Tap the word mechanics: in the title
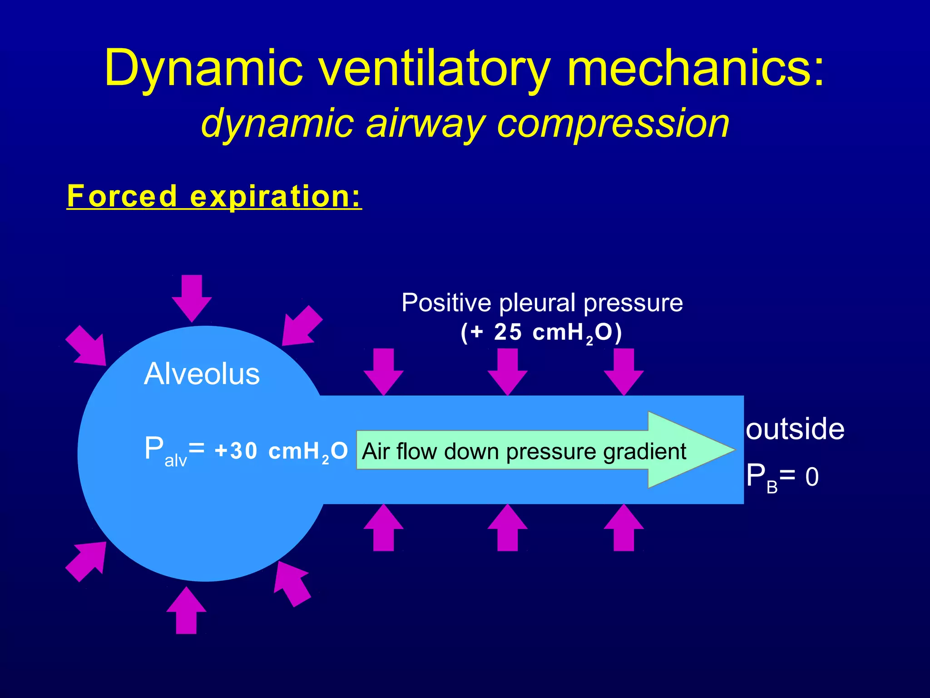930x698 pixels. click(695, 68)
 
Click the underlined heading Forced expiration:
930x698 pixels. click(214, 196)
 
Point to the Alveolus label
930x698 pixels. click(202, 374)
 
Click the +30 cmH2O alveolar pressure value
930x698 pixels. click(281, 451)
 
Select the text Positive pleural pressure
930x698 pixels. click(542, 303)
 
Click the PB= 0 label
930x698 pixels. click(782, 477)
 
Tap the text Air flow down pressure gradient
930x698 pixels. click(524, 452)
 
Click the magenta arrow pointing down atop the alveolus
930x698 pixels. click(192, 298)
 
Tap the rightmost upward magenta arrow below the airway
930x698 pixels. click(623, 528)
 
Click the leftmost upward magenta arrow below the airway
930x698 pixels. click(384, 528)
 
